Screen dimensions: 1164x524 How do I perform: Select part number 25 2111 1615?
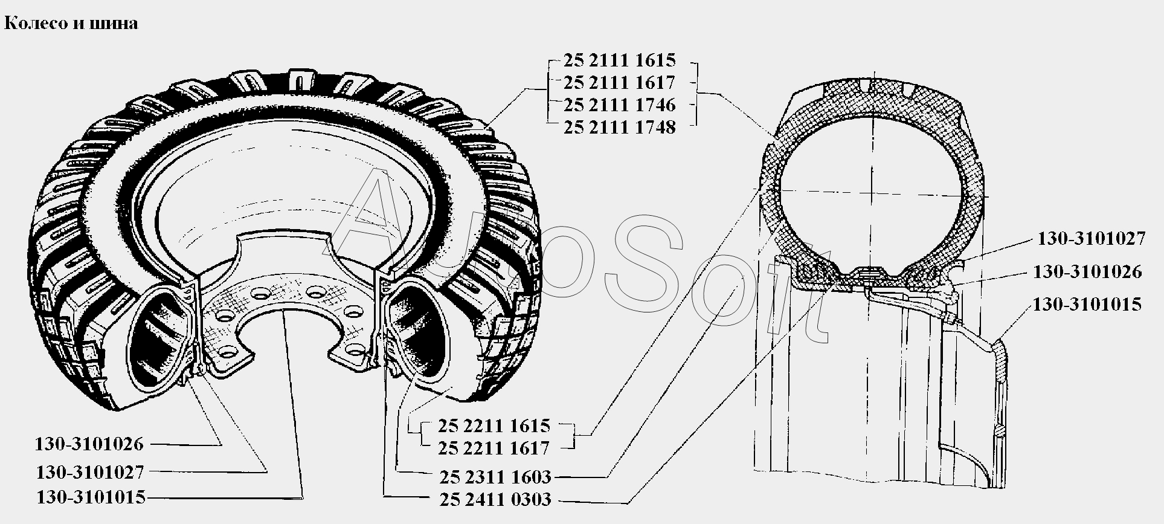tap(620, 60)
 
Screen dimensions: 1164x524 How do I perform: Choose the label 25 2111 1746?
tap(619, 105)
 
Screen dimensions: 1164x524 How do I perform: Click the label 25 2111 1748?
tap(619, 128)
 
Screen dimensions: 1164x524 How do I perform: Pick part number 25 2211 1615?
tap(495, 425)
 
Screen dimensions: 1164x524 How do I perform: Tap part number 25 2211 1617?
tap(494, 448)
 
